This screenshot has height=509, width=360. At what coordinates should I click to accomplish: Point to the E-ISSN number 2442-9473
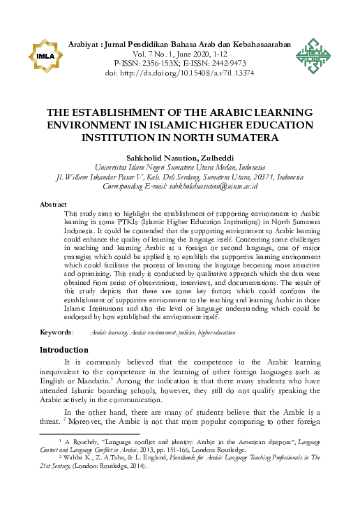[x=222, y=62]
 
